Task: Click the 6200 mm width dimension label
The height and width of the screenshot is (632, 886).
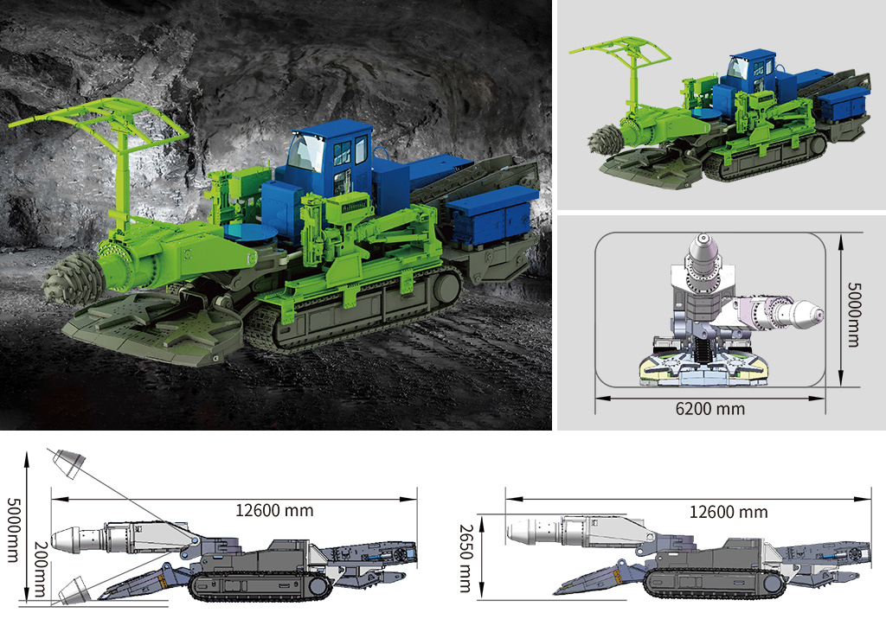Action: [x=709, y=408]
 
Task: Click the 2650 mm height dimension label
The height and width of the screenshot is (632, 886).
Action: [x=465, y=558]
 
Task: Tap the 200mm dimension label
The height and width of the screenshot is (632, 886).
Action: [x=40, y=569]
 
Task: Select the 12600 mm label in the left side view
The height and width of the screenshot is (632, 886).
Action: [x=274, y=511]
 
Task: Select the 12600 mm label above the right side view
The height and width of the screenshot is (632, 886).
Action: [x=729, y=513]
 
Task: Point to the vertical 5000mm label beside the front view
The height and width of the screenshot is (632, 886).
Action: [x=853, y=314]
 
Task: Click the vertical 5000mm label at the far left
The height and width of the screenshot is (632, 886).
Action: [x=12, y=530]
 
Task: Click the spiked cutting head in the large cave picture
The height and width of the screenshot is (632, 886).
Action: [x=73, y=278]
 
